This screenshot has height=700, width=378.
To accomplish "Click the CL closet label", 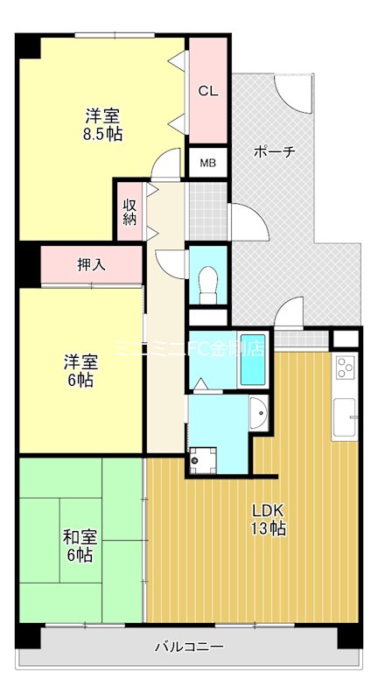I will [x=207, y=91].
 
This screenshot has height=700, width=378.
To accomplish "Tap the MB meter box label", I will [x=207, y=163].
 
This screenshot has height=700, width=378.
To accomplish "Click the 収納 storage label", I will [x=129, y=212].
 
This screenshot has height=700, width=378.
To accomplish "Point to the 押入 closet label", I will [x=91, y=264].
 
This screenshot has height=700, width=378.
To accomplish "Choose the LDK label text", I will [x=269, y=511].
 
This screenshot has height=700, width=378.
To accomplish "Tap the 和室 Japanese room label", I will [x=78, y=537].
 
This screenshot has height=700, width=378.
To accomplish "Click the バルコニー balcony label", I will [x=189, y=647].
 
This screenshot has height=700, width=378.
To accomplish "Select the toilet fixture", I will [x=207, y=282].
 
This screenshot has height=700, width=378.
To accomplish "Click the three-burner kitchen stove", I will [x=345, y=367].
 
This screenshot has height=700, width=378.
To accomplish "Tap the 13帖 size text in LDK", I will [x=269, y=528].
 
